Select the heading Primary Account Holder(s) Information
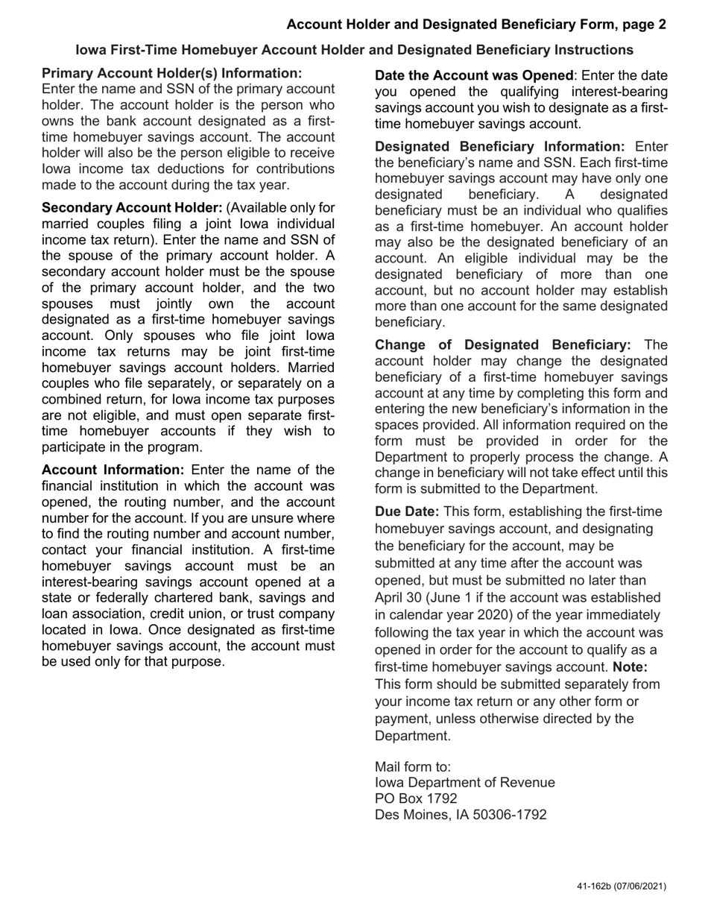click(x=172, y=73)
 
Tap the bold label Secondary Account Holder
click(x=132, y=207)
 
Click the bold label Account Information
click(x=113, y=470)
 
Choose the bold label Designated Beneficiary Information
click(x=499, y=146)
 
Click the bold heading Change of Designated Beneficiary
click(x=502, y=344)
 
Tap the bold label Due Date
click(x=407, y=511)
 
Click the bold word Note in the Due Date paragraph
click(x=630, y=667)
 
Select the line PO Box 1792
click(x=416, y=798)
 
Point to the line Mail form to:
click(x=413, y=766)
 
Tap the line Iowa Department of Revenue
click(x=464, y=783)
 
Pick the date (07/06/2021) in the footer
click(x=640, y=886)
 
